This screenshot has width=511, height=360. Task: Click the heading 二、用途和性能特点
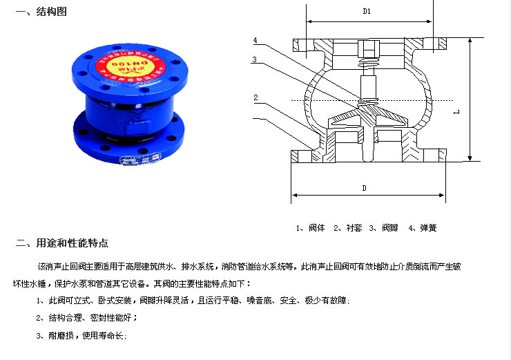61,243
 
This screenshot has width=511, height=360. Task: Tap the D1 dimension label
367,12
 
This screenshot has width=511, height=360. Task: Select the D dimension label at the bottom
364,187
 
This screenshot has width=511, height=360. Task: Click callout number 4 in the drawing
256,40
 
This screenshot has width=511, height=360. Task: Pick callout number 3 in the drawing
256,59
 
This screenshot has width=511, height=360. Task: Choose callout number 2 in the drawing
256,97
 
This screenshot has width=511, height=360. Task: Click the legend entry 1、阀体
311,227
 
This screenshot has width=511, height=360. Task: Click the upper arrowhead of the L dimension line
470,41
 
